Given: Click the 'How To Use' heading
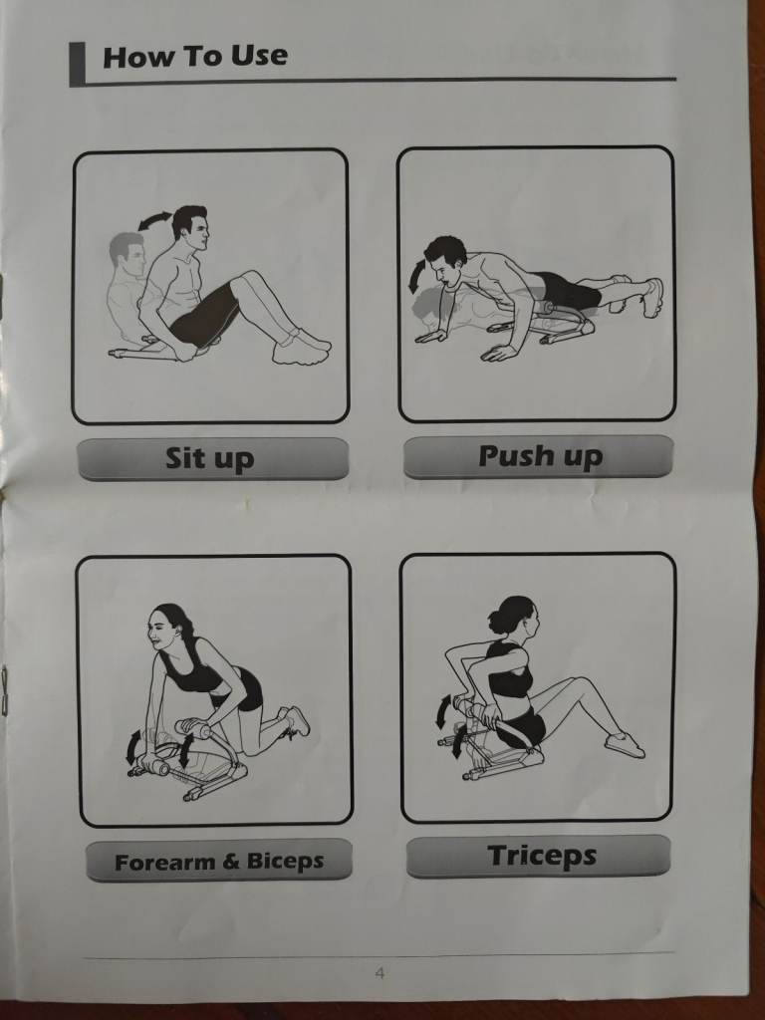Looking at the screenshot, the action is [x=195, y=56].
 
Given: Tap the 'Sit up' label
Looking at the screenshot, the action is [x=209, y=458].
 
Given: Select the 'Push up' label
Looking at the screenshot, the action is [x=540, y=456].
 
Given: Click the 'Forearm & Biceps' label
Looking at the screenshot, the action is [x=219, y=862].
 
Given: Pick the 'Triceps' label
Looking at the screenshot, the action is [x=541, y=856].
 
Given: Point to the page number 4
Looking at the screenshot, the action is [x=380, y=973].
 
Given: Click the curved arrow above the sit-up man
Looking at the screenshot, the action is [x=154, y=220].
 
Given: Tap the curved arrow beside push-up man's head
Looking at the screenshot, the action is [x=414, y=276].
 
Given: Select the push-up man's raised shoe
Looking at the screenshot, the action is [x=652, y=297].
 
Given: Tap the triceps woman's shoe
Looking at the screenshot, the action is [x=625, y=744].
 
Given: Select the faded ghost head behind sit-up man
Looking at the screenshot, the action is [x=127, y=254].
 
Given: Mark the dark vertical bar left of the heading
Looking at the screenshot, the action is [x=78, y=64].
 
